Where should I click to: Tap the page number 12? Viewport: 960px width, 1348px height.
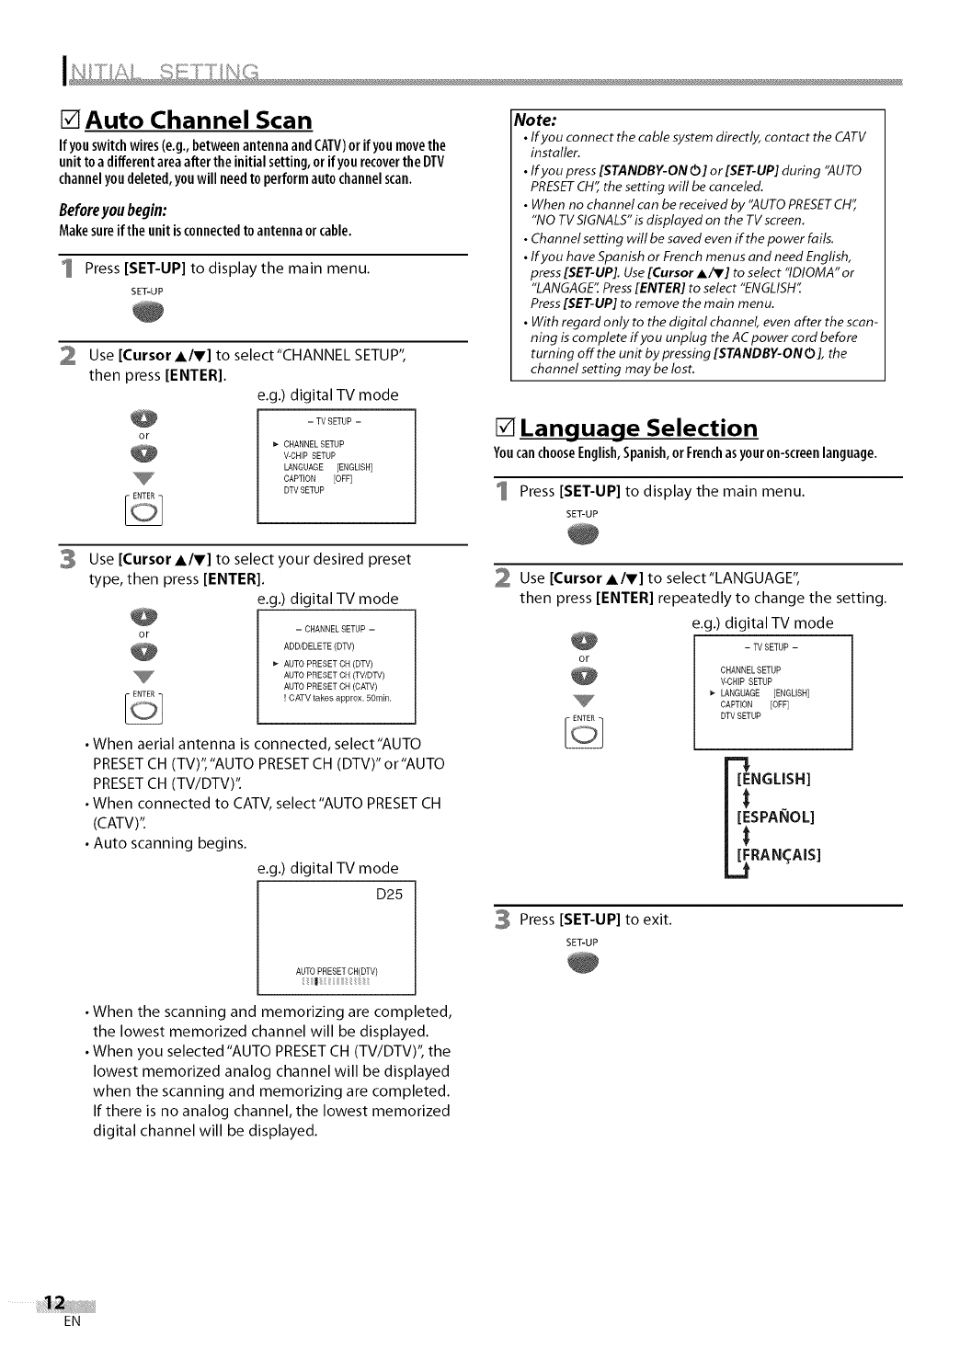coord(54,1303)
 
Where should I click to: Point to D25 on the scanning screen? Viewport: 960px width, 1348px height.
coord(390,895)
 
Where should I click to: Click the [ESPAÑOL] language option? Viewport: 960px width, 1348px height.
coord(775,817)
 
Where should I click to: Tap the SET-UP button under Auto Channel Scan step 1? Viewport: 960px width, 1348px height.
coord(147,313)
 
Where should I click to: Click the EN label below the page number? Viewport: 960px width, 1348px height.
coord(74,1322)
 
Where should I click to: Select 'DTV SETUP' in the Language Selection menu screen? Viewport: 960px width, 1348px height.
coord(740,716)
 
